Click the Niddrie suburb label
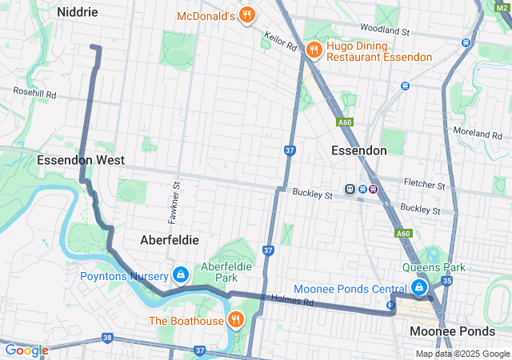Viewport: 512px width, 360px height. pyautogui.click(x=77, y=13)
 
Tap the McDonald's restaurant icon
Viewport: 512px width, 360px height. pyautogui.click(x=248, y=14)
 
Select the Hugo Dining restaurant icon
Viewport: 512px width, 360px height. pyautogui.click(x=314, y=50)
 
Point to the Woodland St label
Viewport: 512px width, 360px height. pyautogui.click(x=385, y=30)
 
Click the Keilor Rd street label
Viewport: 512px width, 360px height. pyautogui.click(x=280, y=42)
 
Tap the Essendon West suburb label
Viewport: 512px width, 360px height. pyautogui.click(x=81, y=160)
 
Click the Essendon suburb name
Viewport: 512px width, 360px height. pyautogui.click(x=359, y=150)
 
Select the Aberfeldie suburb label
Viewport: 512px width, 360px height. pyautogui.click(x=169, y=239)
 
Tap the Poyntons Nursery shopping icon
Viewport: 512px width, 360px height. pyautogui.click(x=181, y=276)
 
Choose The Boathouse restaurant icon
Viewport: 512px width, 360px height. pyautogui.click(x=235, y=321)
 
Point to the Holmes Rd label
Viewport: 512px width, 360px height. pyautogui.click(x=290, y=302)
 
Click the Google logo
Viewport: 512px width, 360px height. pyautogui.click(x=26, y=350)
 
